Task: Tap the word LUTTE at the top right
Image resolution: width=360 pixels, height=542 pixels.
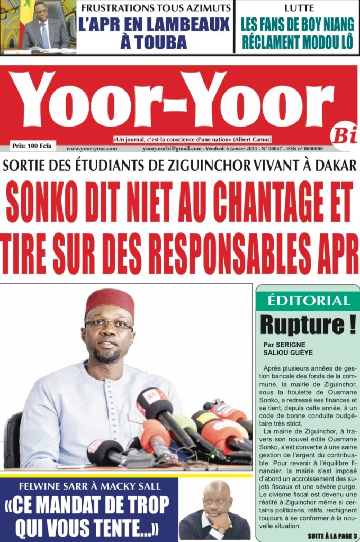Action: tap(298, 8)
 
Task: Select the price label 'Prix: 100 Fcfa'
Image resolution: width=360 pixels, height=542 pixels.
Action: tap(31, 144)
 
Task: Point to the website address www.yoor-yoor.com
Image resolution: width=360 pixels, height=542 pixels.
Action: tap(92, 149)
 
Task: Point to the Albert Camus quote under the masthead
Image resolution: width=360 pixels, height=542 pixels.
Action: tap(192, 139)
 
